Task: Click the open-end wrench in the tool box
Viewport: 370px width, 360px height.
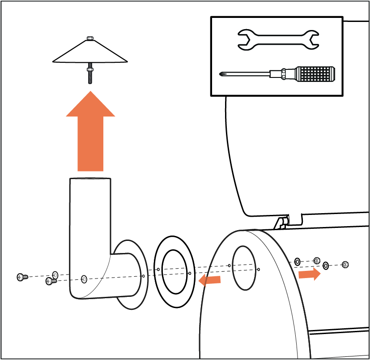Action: (x=277, y=39)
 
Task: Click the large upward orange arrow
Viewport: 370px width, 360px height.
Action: (x=90, y=134)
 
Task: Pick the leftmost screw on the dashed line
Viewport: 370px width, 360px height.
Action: (x=21, y=277)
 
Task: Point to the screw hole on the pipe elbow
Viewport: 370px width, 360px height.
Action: (x=85, y=279)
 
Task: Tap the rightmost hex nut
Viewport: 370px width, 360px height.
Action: (x=345, y=265)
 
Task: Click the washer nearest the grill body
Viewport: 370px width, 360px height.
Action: (x=298, y=261)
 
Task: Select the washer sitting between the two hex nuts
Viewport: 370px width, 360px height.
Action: (x=326, y=266)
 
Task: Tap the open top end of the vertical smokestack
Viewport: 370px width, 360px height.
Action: (x=90, y=179)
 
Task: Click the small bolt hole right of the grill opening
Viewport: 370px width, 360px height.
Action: (x=259, y=269)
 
